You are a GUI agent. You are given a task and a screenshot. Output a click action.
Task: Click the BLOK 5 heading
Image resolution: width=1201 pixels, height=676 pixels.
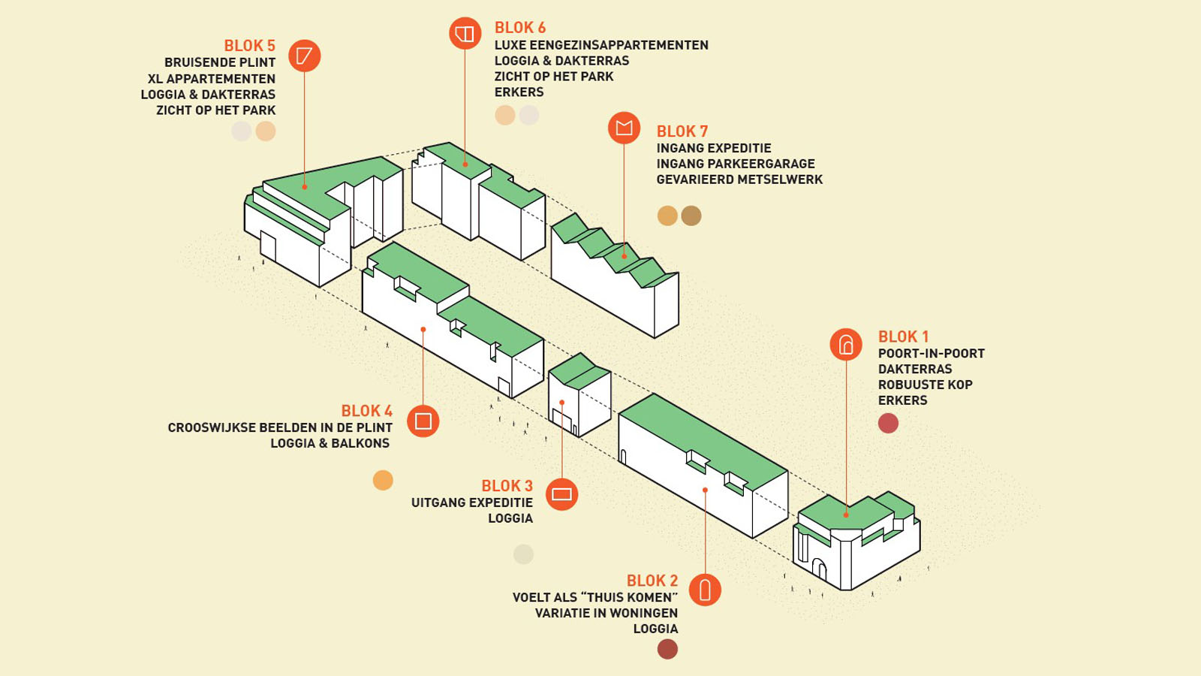point(249,46)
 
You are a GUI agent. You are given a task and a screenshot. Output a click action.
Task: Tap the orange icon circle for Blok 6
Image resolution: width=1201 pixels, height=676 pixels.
point(465,33)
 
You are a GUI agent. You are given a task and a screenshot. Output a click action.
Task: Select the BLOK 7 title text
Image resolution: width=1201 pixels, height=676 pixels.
point(682,131)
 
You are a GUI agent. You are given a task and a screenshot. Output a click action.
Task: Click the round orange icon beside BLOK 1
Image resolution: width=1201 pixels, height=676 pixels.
point(846,344)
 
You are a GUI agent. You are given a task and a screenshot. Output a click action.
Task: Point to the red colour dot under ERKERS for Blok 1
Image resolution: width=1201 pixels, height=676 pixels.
point(889,424)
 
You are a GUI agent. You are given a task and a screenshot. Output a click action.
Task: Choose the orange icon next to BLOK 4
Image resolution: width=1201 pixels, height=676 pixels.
point(423,421)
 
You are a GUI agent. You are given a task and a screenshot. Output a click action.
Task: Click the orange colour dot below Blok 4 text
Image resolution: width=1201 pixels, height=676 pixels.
point(383,480)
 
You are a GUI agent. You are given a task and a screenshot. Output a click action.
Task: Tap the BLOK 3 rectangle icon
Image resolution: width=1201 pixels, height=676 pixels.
point(562,493)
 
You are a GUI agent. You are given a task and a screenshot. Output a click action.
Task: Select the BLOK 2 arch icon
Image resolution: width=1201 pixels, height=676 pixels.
point(705,590)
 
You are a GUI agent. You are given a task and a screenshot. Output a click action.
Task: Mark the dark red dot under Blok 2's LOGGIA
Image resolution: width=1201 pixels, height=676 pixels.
point(667,649)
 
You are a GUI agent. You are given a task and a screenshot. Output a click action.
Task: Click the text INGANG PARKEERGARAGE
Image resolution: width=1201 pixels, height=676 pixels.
point(736,164)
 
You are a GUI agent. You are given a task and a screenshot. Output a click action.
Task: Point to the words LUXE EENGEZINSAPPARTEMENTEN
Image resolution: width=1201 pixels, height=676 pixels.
point(601,45)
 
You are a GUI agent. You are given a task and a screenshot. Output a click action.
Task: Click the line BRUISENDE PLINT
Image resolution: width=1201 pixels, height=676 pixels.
point(220,63)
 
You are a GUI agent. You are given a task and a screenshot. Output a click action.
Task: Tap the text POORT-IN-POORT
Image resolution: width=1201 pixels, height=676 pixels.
point(932,354)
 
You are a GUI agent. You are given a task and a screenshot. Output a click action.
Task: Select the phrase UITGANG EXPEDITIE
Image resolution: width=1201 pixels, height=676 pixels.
point(472,502)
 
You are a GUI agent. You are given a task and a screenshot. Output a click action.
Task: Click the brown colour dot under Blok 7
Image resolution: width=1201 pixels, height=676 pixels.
point(691,216)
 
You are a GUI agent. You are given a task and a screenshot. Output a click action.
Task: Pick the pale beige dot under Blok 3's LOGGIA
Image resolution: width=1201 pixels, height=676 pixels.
point(523,554)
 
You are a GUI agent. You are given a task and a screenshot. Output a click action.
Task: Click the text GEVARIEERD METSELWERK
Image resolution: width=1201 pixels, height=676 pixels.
point(739,180)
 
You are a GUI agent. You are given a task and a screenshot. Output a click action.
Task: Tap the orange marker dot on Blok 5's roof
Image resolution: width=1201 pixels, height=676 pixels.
point(305,187)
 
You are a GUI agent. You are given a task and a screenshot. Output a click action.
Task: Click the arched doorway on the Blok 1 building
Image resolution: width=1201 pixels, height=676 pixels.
point(819,569)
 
